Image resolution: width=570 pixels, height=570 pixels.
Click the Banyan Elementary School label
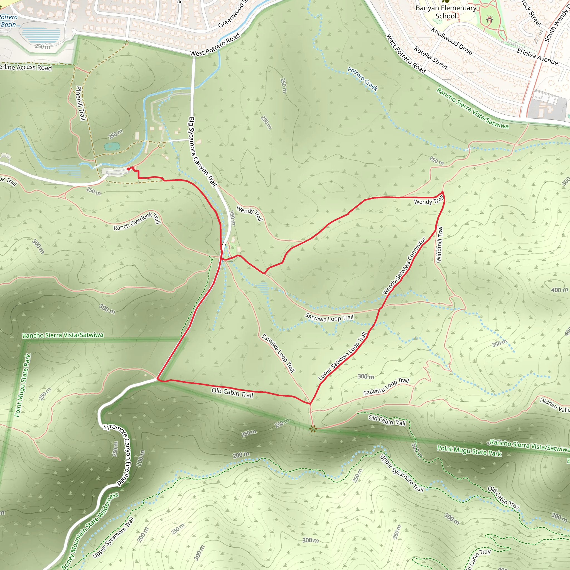point(446,12)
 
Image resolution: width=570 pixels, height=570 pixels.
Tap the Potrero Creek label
point(363,79)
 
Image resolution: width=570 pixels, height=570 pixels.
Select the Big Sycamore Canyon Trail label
point(202,152)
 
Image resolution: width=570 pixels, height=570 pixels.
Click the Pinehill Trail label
point(80,103)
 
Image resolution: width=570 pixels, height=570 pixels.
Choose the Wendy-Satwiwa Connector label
point(404,266)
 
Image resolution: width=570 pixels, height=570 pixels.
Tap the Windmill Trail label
point(439,244)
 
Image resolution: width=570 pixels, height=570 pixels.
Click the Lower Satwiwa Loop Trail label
point(343,356)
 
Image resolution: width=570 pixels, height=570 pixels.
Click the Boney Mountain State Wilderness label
point(90,531)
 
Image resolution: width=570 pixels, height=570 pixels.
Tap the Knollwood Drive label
point(452,41)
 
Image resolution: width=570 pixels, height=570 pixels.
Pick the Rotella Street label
point(431,58)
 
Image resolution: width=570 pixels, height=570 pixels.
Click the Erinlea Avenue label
point(537,57)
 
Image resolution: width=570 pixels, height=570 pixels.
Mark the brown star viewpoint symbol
point(313,428)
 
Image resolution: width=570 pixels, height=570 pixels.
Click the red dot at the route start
point(128,169)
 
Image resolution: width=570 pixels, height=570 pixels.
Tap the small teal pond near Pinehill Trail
point(112,146)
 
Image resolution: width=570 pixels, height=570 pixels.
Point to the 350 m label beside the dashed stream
point(500,343)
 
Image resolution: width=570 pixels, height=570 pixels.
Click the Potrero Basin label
point(9,21)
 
